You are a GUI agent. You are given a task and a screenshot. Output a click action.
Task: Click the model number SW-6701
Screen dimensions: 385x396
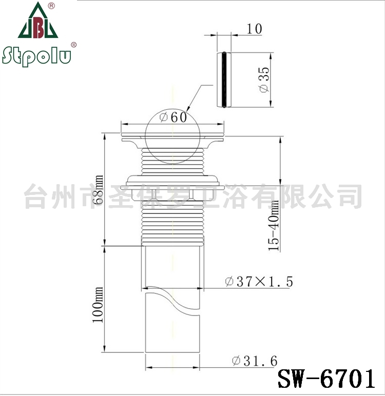326,379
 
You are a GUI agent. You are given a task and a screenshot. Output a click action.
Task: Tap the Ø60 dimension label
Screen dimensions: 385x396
174,117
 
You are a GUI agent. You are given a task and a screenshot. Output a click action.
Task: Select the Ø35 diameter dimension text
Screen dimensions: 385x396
264,80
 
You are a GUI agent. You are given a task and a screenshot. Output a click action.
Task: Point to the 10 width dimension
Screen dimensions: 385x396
254,29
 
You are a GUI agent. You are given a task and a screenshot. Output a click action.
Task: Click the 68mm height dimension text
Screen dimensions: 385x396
98,189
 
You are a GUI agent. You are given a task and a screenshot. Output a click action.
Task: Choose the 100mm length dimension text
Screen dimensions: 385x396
98,305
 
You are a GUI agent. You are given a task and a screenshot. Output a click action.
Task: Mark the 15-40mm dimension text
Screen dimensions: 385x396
274,225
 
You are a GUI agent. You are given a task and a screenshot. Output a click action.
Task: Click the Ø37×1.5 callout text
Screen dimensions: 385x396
259,281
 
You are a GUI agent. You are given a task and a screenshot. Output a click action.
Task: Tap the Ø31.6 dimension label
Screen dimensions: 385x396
255,361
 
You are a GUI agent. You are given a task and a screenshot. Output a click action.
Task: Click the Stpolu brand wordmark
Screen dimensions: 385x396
36,56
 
